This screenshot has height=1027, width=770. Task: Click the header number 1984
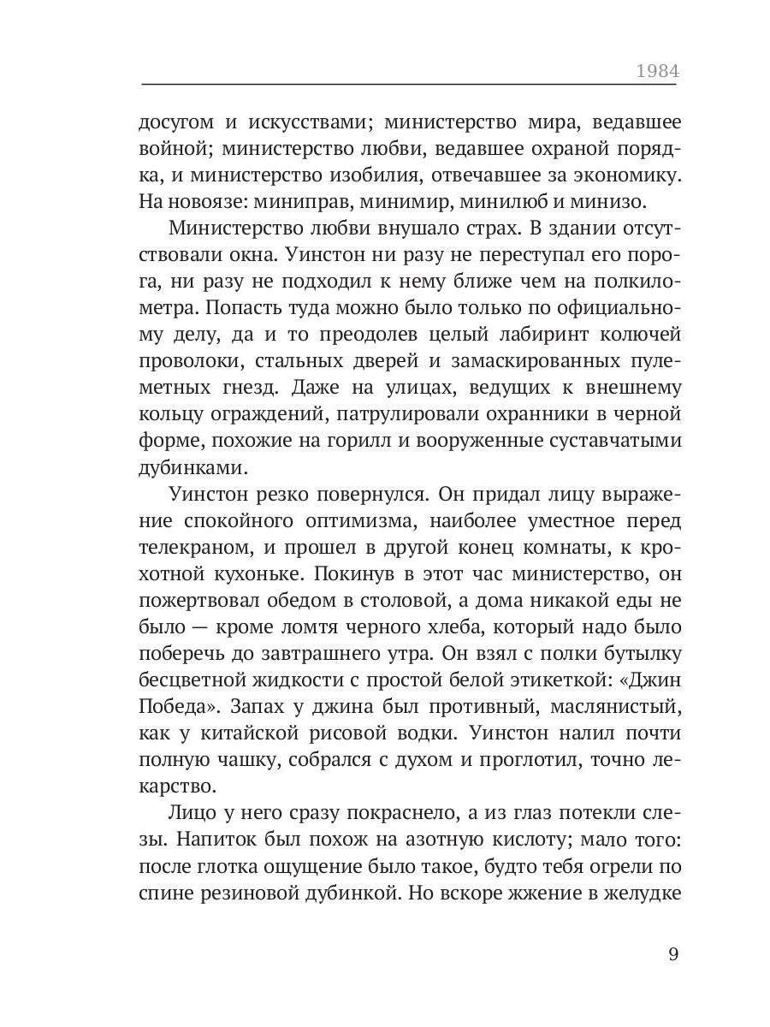(x=656, y=70)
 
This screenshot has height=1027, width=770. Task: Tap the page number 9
(x=673, y=954)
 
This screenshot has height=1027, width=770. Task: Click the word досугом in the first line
(x=176, y=122)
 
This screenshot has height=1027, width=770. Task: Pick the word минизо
(x=607, y=203)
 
